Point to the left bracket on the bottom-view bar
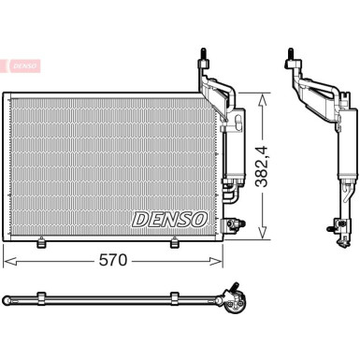(43, 298)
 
